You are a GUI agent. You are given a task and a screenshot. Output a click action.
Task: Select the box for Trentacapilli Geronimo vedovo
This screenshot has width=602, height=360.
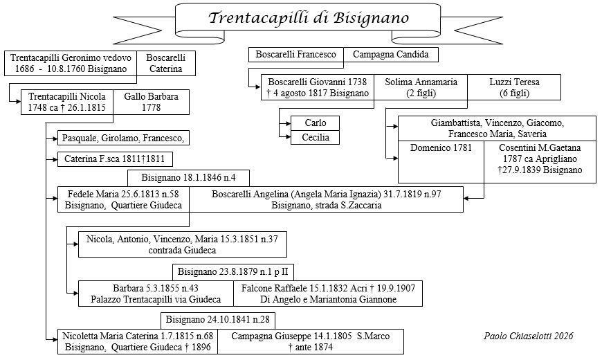70,63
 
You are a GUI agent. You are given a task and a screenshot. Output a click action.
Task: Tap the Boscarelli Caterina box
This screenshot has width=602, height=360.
166,63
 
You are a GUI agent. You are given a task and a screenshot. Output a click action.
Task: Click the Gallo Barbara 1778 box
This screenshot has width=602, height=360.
151,102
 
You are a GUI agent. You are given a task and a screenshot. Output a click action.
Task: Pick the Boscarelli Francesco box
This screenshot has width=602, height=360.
296,54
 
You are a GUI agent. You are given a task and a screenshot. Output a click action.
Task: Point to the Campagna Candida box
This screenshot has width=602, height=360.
391,54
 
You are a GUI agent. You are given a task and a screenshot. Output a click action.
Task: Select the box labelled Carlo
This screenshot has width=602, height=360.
315,123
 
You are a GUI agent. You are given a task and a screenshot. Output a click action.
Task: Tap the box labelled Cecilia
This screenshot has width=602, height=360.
315,138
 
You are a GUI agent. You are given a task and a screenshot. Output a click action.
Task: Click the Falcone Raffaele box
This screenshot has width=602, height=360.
328,294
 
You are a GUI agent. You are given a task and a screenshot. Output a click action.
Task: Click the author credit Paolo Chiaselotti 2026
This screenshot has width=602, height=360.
528,336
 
